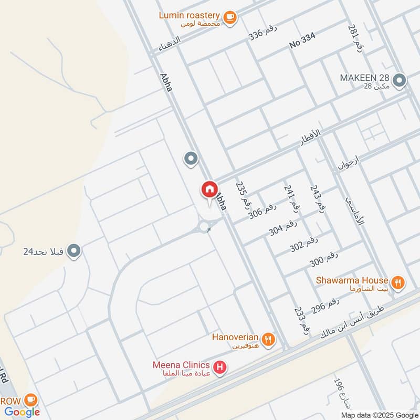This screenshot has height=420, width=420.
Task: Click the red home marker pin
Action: [209, 189]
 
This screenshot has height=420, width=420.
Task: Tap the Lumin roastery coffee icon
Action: [229, 17]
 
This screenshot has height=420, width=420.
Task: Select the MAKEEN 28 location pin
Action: [400, 80]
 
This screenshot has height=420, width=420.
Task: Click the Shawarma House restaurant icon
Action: [398, 282]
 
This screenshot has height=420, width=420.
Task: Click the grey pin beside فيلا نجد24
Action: [75, 251]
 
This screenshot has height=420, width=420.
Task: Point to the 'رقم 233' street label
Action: [301, 321]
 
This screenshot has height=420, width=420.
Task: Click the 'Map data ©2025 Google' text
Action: [385, 414]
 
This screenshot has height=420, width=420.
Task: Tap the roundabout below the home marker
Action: [204, 226]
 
